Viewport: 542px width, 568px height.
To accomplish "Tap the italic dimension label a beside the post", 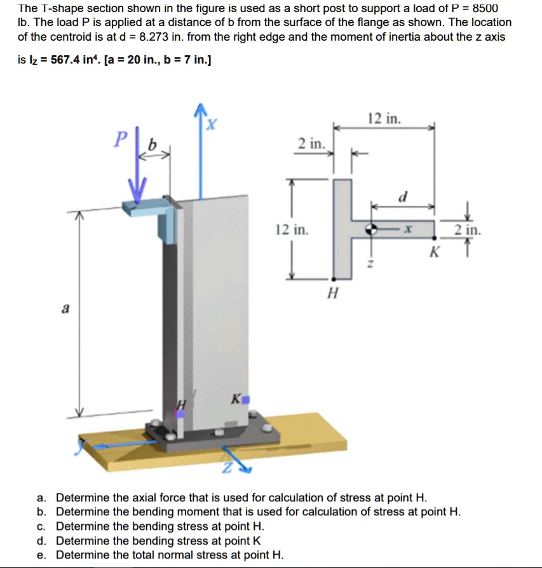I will (x=65, y=309).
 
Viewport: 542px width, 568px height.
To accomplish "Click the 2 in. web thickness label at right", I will (x=467, y=229).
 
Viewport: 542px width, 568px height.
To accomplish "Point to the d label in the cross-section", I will (x=402, y=198).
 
